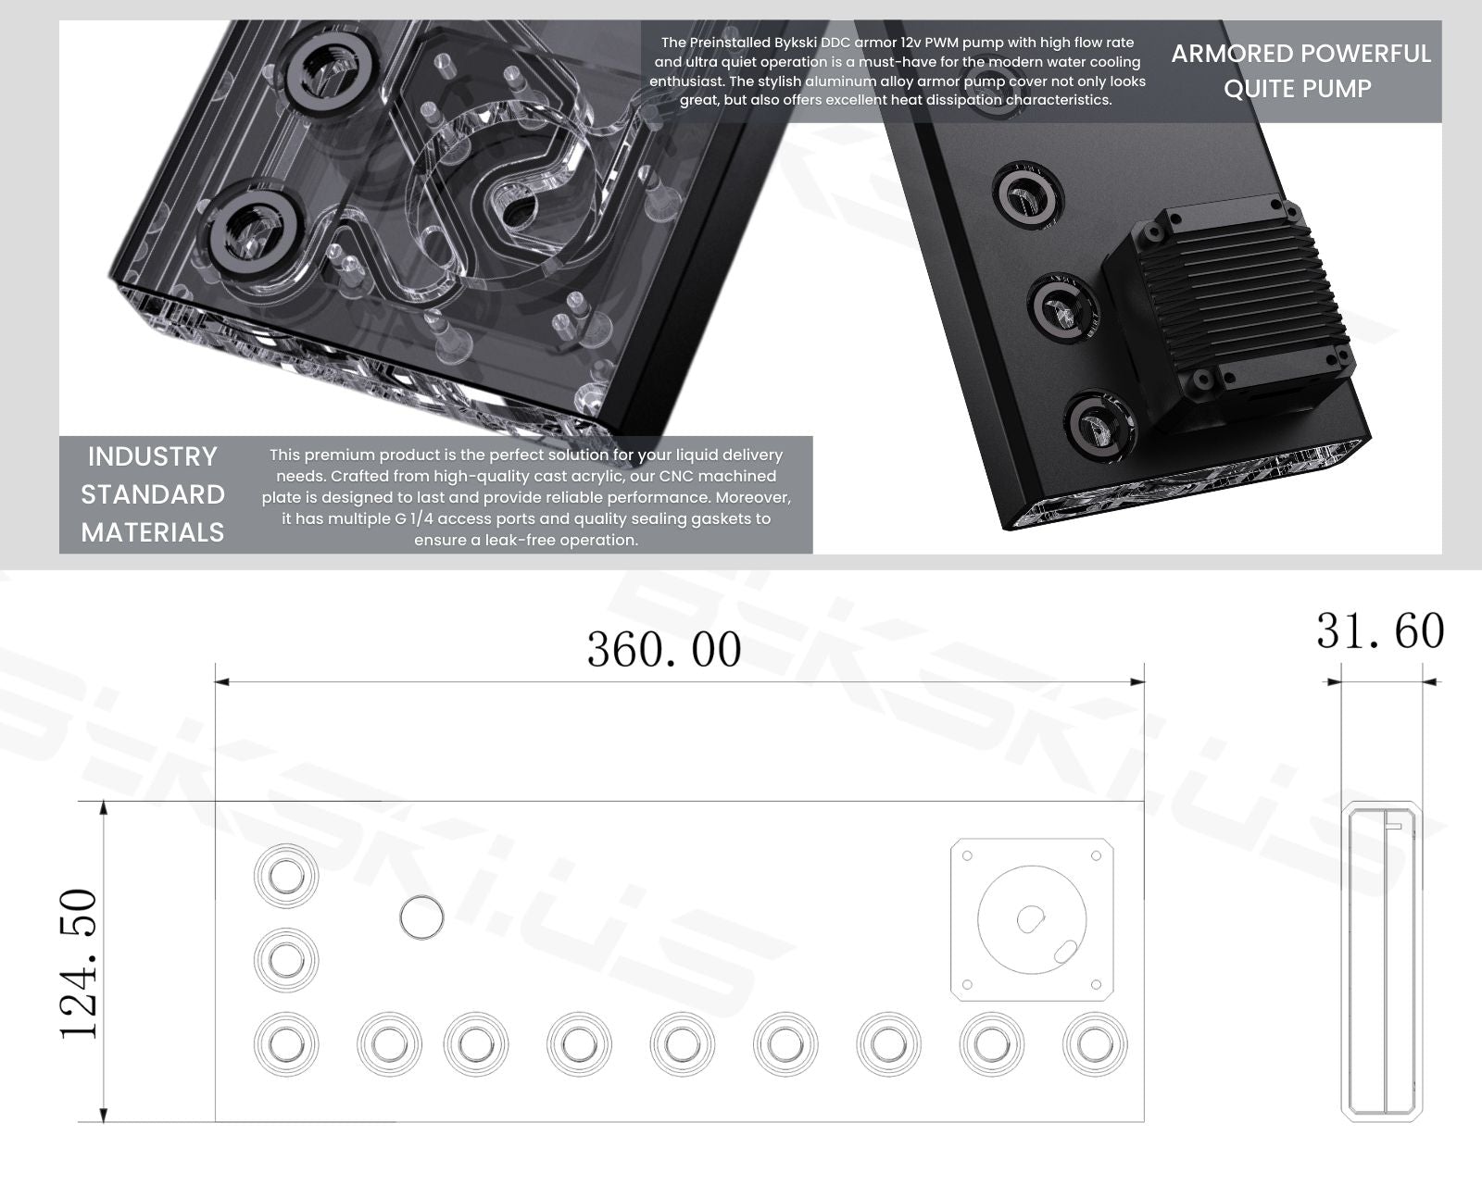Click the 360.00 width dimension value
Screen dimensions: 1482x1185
[664, 649]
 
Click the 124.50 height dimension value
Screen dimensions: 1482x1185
[79, 964]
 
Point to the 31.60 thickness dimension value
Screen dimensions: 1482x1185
[1380, 630]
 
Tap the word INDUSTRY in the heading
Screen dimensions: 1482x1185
[153, 456]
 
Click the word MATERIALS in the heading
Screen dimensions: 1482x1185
[153, 532]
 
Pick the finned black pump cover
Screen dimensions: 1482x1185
[1229, 310]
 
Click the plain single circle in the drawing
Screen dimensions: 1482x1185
[421, 917]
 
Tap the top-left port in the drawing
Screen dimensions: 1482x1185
[286, 876]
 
